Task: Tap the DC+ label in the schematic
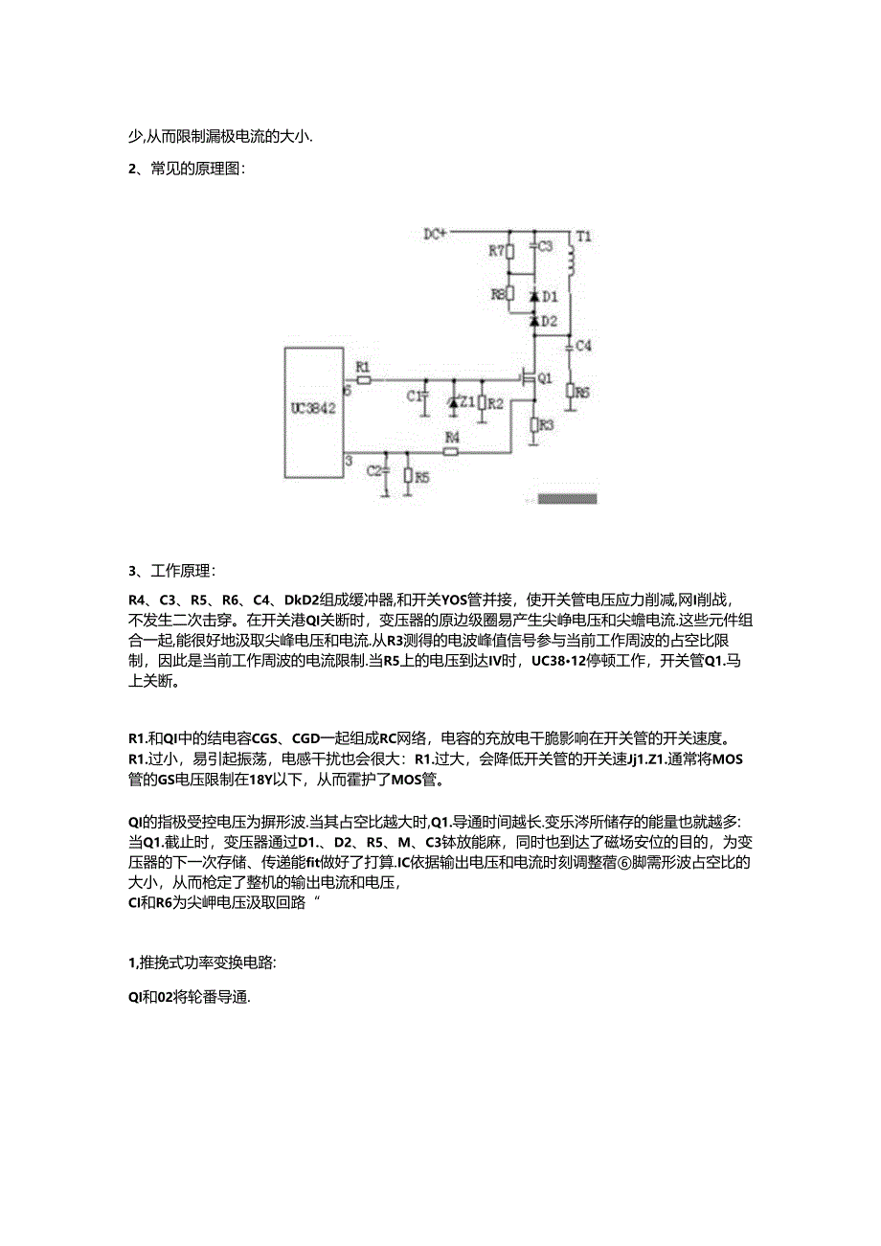point(436,233)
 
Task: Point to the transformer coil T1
point(573,260)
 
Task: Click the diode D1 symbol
point(532,297)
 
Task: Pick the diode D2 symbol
point(532,321)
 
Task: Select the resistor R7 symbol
point(509,252)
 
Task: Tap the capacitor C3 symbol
point(532,247)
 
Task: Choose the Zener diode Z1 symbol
point(453,402)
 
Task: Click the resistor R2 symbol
point(482,402)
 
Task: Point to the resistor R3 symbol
point(532,422)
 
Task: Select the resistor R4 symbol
point(451,451)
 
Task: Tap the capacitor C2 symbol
point(385,471)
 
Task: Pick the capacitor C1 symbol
point(426,396)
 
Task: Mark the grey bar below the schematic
point(567,498)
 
